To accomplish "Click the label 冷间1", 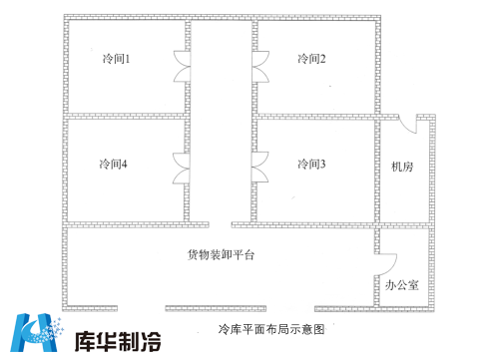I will [117, 60].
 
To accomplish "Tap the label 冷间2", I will [311, 60].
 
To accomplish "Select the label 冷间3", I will [311, 164].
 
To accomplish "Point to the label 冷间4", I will [113, 164].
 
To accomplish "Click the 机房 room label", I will [402, 167].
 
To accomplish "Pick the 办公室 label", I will [402, 285].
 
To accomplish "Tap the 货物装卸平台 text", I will [222, 255].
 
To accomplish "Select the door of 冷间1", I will [180, 67].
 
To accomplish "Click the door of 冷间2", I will [261, 67].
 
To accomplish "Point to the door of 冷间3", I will [261, 167].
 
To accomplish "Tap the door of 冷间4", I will [180, 167].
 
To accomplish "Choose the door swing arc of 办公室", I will [388, 263].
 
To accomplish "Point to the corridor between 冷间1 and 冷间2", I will [221, 70].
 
